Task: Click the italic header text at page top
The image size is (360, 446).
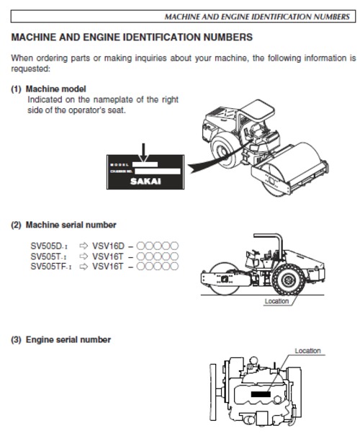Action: pos(258,15)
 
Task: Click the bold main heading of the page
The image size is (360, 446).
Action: pos(132,36)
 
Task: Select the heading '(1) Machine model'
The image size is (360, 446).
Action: pos(48,89)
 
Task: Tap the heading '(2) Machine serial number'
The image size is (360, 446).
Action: pos(63,225)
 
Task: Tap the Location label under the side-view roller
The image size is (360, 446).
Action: pos(276,301)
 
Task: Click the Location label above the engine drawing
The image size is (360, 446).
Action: pos(307,351)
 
